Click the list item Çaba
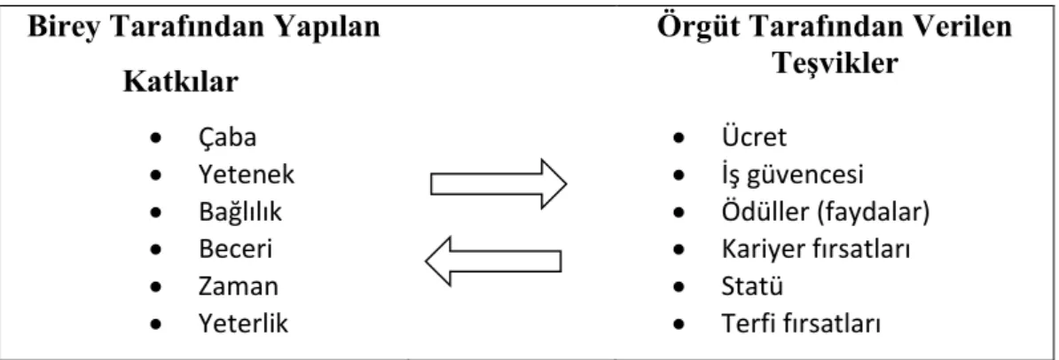tap(227, 138)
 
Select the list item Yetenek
tap(247, 176)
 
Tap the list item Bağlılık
tap(239, 213)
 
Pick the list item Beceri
tap(235, 250)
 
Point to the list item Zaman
tap(238, 287)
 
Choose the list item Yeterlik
tap(243, 325)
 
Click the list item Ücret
tap(754, 137)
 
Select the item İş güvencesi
tap(792, 176)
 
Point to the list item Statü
tap(752, 286)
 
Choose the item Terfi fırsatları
tap(801, 325)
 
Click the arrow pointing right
tap(498, 184)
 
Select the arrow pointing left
tap(493, 260)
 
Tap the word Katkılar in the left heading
tap(181, 82)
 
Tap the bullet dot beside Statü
tap(679, 287)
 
